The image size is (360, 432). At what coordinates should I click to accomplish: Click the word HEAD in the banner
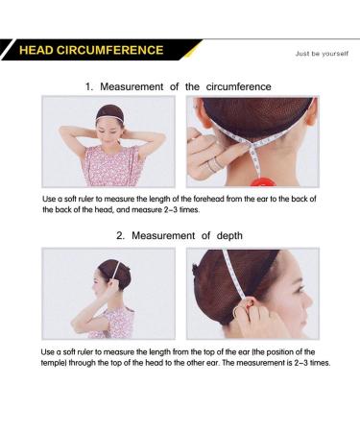tap(36, 50)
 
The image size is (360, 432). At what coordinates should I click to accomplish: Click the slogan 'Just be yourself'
tap(322, 54)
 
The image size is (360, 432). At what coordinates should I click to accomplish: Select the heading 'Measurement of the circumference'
tap(185, 86)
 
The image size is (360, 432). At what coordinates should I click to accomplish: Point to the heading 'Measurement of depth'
tap(187, 236)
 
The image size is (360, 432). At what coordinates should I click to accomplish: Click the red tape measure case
tap(264, 182)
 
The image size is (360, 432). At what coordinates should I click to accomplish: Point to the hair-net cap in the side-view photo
tap(112, 272)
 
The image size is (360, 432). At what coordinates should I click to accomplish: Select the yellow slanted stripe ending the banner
tap(192, 50)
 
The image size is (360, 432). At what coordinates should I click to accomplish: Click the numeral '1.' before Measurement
tap(89, 86)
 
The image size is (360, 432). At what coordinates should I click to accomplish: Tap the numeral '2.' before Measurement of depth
tap(120, 236)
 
